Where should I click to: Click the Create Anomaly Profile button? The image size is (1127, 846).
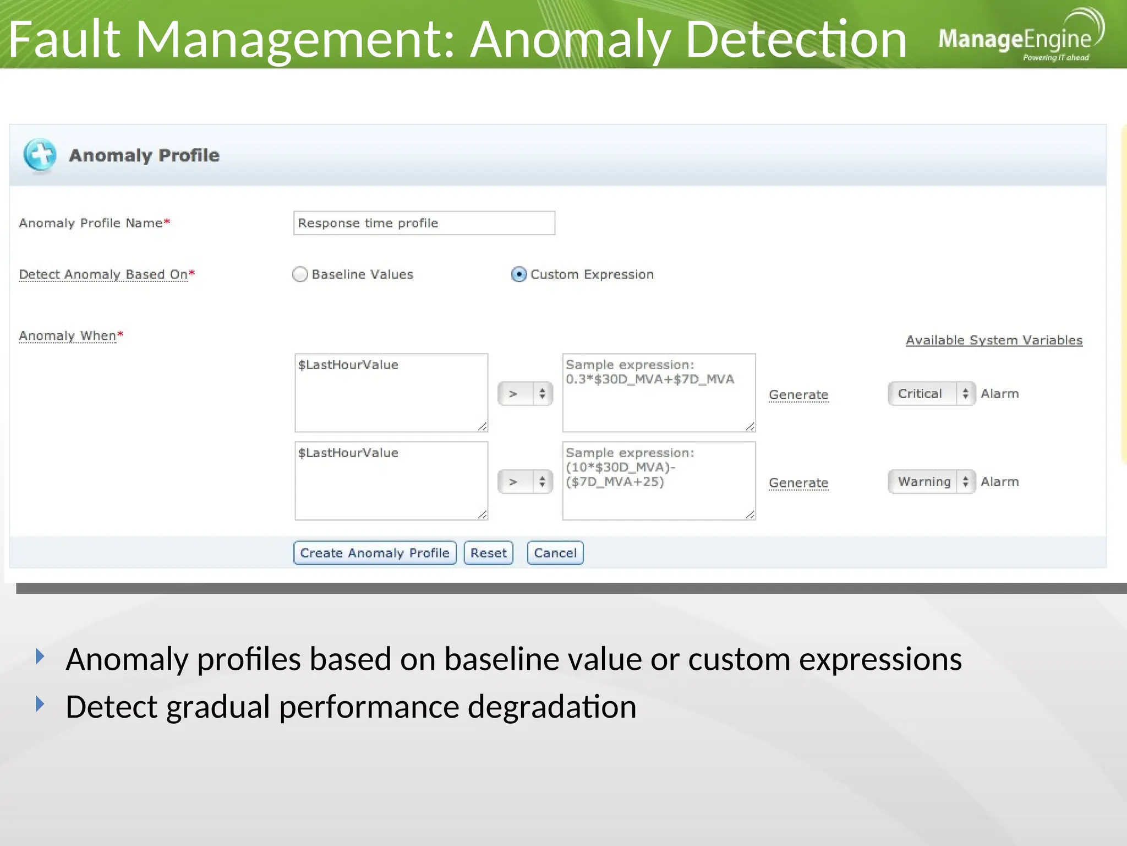tap(375, 552)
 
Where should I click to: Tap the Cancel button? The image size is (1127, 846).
tap(555, 552)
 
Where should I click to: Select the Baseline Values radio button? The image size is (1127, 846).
tap(300, 274)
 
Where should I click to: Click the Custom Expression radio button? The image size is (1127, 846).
tap(518, 274)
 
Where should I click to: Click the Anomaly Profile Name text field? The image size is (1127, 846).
tap(424, 223)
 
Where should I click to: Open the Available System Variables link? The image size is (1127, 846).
tap(994, 340)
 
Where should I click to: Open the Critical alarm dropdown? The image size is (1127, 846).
tap(931, 393)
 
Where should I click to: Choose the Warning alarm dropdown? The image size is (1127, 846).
tap(931, 481)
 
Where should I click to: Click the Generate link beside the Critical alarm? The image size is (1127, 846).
tap(798, 394)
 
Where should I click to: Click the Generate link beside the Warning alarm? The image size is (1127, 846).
tap(798, 482)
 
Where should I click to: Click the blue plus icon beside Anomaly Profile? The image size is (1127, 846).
tap(40, 155)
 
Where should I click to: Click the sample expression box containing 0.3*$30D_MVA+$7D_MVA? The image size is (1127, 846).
tap(659, 393)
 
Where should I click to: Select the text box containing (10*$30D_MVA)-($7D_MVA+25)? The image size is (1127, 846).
tap(659, 481)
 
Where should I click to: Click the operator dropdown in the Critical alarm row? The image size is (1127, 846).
tap(524, 393)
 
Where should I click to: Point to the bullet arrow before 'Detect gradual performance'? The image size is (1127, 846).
tap(40, 703)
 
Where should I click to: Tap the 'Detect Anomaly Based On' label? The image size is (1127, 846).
tap(103, 274)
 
